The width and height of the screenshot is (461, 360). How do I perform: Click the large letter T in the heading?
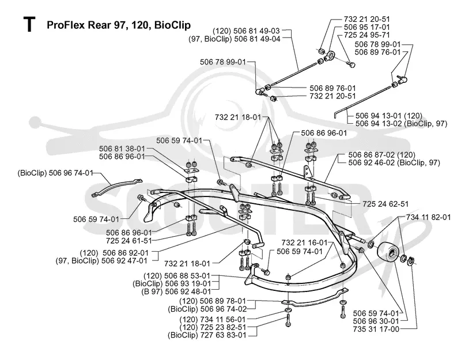point(29,24)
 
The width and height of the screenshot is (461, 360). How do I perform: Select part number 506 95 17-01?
point(366,27)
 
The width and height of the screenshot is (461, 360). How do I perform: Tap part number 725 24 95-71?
point(366,35)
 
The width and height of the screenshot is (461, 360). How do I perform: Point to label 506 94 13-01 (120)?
point(388,116)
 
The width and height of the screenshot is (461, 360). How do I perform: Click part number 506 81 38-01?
point(122,149)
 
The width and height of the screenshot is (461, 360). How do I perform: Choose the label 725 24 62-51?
point(386,204)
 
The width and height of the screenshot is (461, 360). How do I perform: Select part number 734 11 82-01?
point(428,217)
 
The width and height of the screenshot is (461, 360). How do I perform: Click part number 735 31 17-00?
point(376,329)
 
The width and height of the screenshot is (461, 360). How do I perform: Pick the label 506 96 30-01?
point(376,321)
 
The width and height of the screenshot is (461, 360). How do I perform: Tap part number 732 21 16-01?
point(304,242)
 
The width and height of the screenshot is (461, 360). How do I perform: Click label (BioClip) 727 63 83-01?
point(207,335)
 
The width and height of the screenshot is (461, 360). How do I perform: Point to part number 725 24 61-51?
point(129,240)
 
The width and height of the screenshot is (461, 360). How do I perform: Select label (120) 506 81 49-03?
point(246,31)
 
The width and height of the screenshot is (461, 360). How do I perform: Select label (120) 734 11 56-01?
point(212,319)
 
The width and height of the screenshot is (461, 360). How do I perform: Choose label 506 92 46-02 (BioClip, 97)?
point(394,162)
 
